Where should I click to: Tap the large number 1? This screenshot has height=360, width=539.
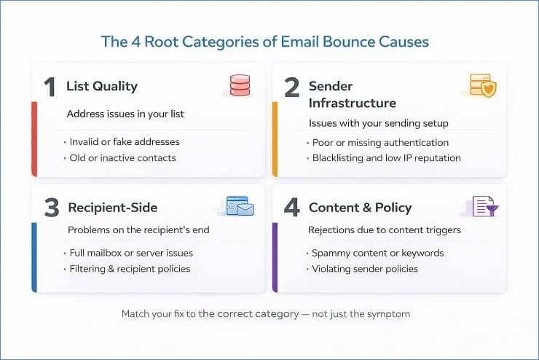coord(49,87)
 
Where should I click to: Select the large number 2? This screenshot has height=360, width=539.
coord(291,87)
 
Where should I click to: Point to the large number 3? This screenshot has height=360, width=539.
coord(51,208)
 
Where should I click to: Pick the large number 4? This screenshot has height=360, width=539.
coord(291,208)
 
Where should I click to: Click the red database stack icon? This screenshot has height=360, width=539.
coord(240,86)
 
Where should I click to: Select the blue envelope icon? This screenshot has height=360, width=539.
coord(240,206)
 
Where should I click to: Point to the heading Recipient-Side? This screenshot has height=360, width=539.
coord(112,208)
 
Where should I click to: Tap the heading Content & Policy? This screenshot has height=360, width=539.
coord(360,208)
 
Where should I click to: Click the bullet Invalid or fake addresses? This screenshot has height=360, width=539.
coord(125,142)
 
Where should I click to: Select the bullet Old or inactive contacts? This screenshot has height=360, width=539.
coord(122,157)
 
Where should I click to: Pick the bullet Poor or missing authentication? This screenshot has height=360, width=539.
coord(380,142)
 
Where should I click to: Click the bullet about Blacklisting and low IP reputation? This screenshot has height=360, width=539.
coord(386,157)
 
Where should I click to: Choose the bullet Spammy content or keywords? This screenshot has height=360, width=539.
coord(377,253)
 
